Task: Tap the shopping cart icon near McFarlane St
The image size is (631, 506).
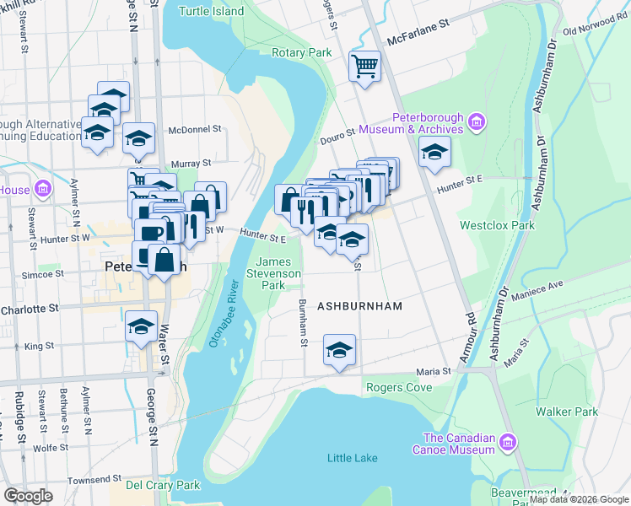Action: (365, 66)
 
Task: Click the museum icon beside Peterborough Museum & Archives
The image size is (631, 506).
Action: (477, 123)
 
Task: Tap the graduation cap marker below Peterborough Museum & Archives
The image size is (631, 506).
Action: (434, 152)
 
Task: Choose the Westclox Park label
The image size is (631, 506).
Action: (497, 226)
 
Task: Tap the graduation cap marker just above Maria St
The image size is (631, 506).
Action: (339, 350)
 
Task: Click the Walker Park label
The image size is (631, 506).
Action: (567, 412)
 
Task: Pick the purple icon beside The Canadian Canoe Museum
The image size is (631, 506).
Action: (507, 443)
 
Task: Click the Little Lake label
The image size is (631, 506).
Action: (353, 458)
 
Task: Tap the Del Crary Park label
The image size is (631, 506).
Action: (163, 485)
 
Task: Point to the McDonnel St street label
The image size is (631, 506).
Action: (194, 130)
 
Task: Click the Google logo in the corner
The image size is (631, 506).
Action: (29, 495)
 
